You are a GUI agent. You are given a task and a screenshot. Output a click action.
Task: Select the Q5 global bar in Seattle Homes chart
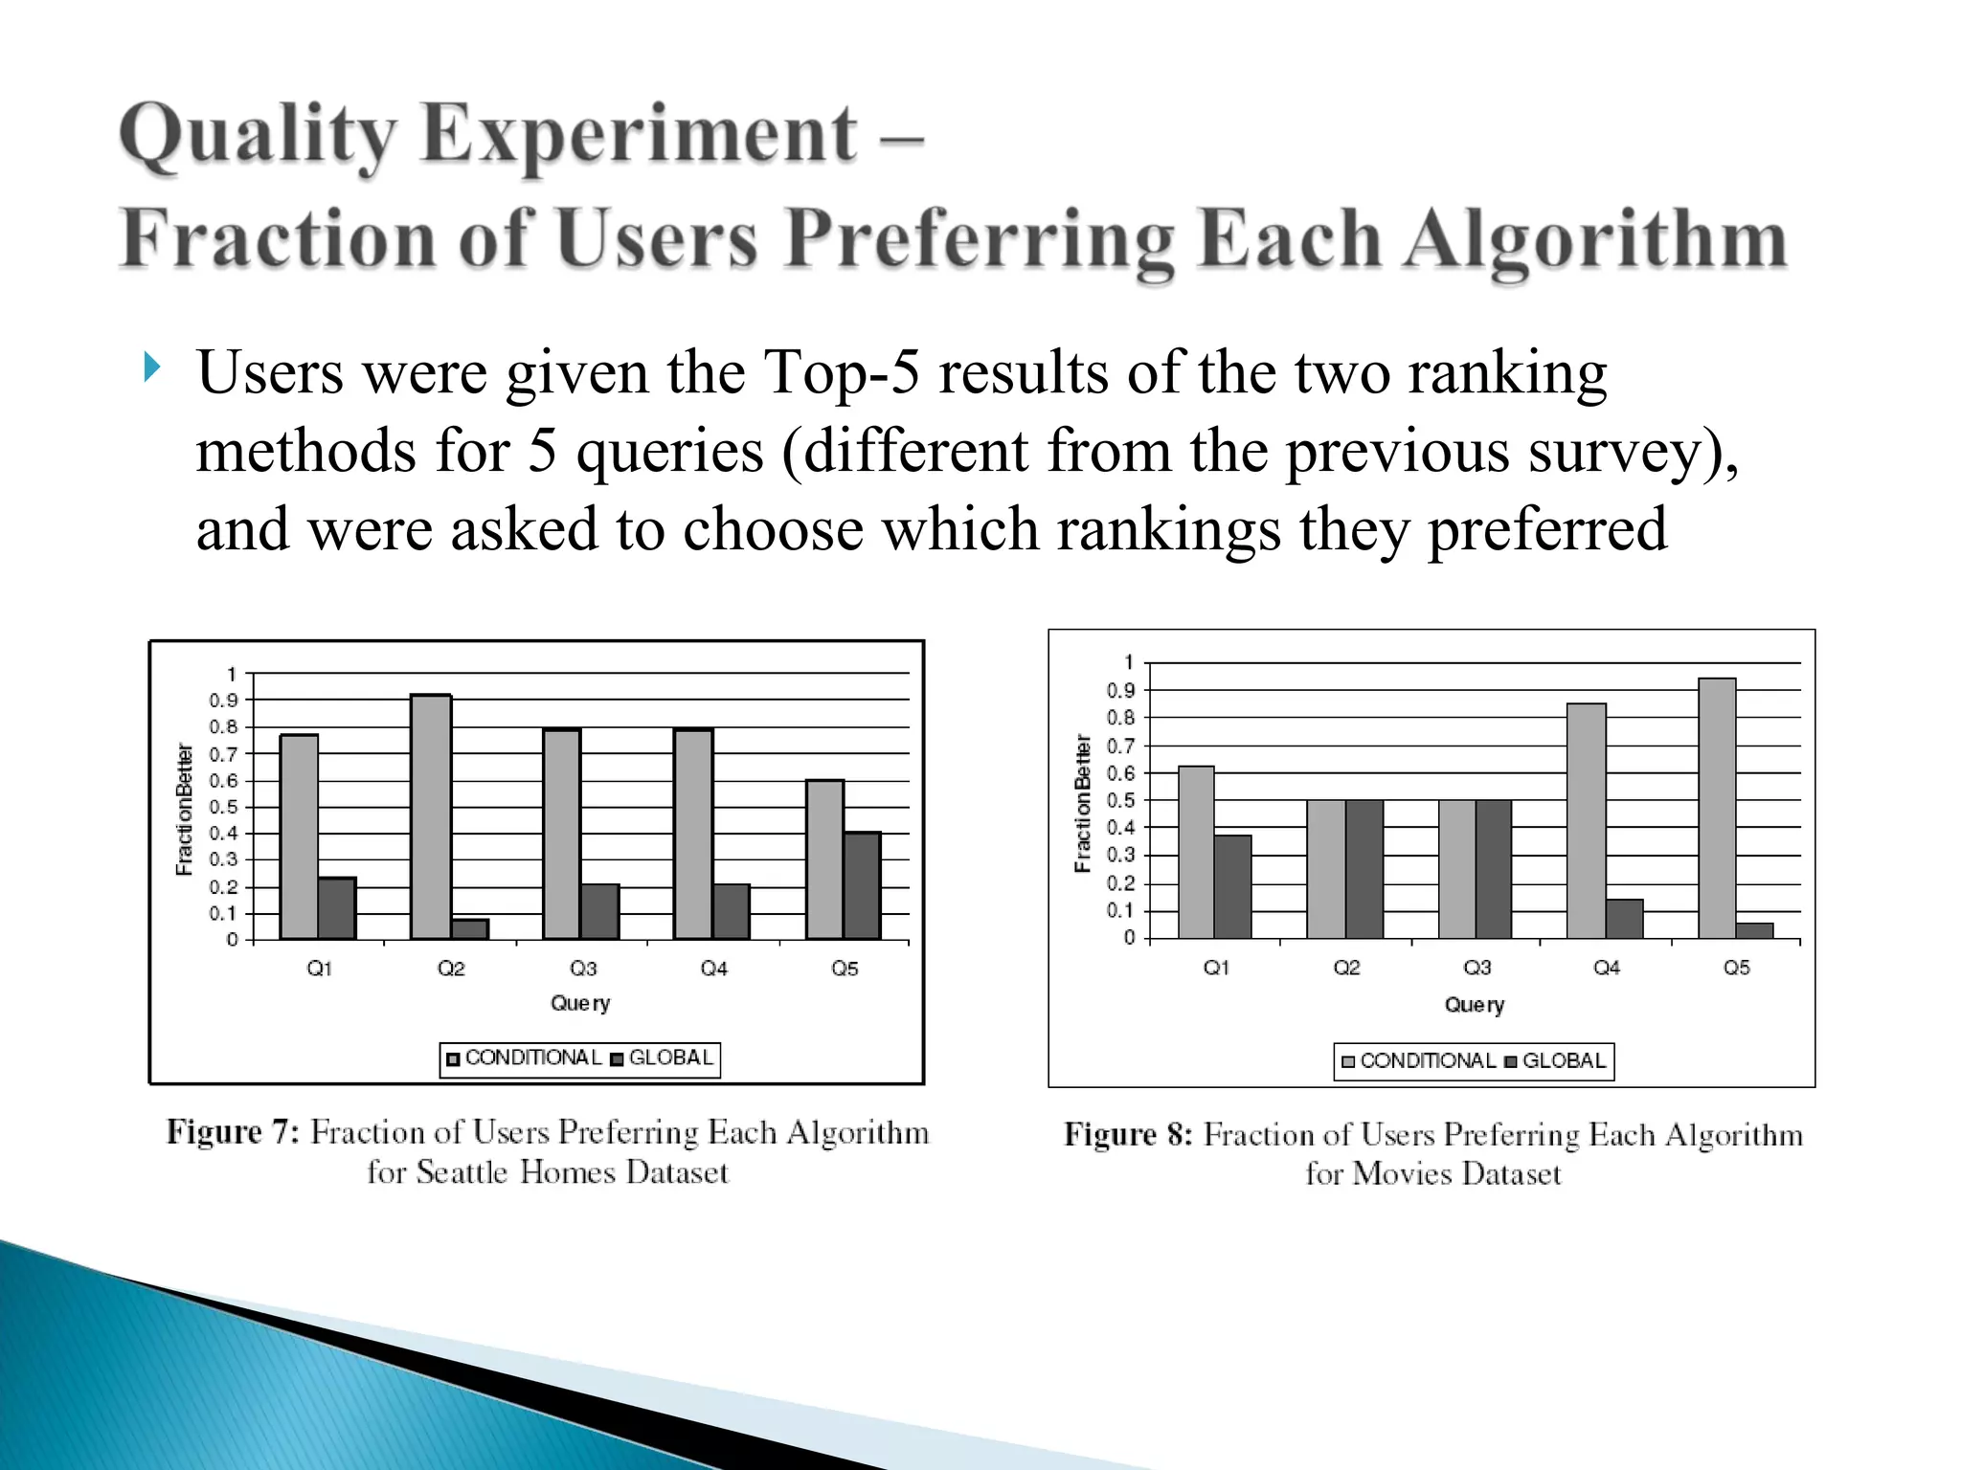coord(862,885)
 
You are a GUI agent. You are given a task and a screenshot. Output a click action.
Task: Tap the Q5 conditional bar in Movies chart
coord(1717,809)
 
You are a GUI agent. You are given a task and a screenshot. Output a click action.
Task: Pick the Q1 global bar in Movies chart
coord(1233,886)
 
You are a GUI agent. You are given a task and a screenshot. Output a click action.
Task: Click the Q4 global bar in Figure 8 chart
coord(1625,919)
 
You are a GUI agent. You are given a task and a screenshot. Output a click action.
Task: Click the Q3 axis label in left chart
coord(583,969)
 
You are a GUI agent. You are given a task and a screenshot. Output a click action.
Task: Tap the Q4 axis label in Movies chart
coord(1607,968)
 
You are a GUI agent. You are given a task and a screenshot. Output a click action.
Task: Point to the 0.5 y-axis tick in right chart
coord(1120,800)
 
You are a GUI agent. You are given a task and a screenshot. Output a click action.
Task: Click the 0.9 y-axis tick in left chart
coord(223,701)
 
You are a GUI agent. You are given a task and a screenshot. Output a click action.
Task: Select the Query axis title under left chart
coord(580,1003)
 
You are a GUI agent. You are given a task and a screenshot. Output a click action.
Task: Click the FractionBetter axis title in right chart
coord(1083,803)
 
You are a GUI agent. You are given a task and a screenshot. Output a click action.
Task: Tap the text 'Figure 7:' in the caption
coord(234,1132)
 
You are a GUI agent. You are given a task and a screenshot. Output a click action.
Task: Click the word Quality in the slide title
coord(258,135)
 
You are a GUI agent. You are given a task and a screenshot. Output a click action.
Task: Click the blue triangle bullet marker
coord(152,367)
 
